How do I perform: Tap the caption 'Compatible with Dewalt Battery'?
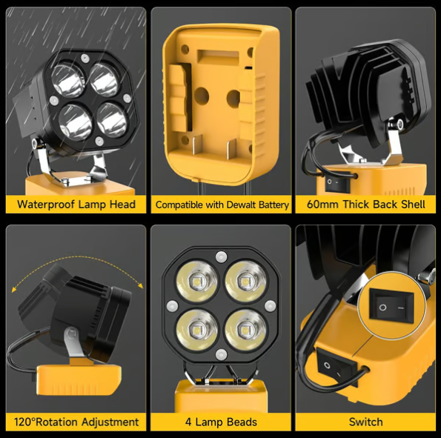(x=221, y=205)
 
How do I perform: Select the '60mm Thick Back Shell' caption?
(x=367, y=204)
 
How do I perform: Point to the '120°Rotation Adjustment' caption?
(x=76, y=422)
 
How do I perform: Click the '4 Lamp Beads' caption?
(x=221, y=422)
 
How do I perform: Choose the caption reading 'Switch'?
(x=366, y=422)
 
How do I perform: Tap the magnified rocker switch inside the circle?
(x=391, y=305)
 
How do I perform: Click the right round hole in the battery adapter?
(x=233, y=96)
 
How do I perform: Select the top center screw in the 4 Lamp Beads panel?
(x=220, y=257)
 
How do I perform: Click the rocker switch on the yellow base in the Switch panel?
(x=328, y=365)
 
